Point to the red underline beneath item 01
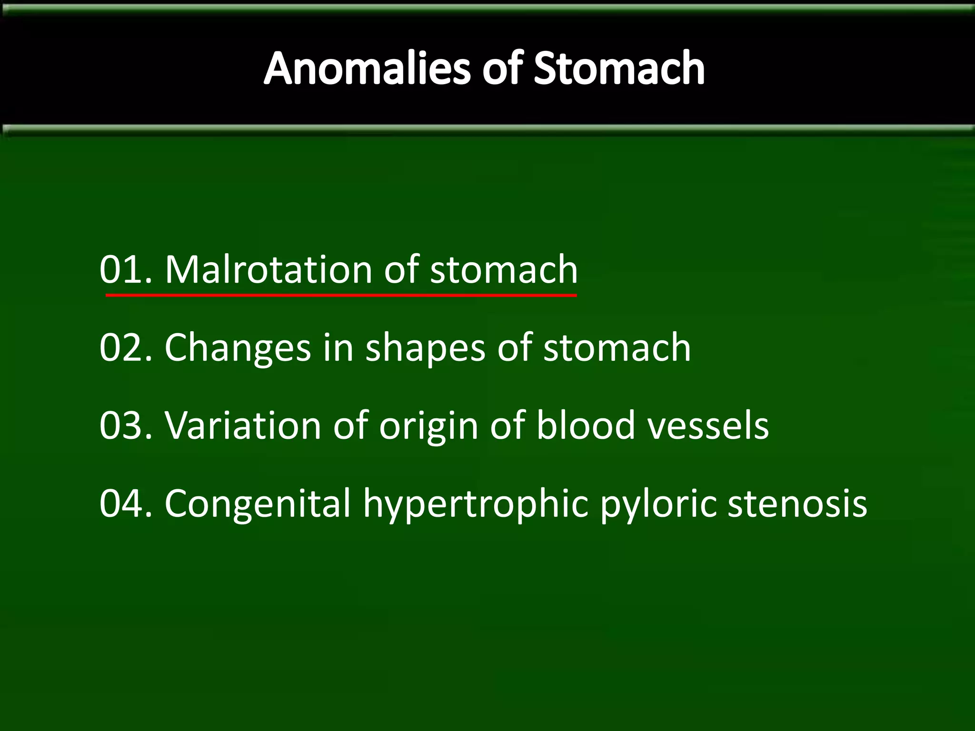click(341, 296)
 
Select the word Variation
click(243, 425)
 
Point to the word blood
click(586, 425)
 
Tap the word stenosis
click(797, 504)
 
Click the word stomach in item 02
click(617, 348)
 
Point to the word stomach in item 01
click(504, 270)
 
